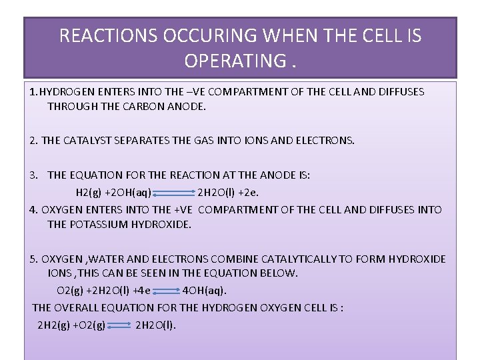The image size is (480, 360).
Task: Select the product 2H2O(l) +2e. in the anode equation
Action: [x=228, y=192]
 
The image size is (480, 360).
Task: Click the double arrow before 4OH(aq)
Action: [x=163, y=291]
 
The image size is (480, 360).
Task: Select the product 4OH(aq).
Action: [x=205, y=290]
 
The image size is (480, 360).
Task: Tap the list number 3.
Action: [x=34, y=175]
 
